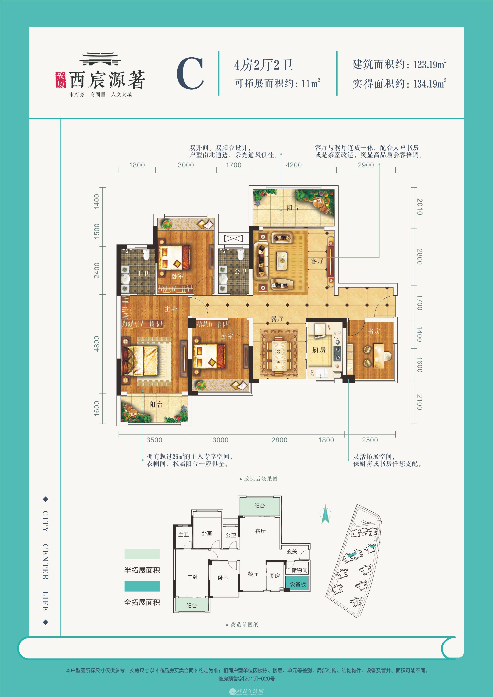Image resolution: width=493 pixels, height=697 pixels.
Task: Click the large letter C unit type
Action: (x=190, y=74)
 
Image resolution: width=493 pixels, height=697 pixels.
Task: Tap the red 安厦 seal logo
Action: (x=60, y=80)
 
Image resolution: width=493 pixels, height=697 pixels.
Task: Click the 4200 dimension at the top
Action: (x=293, y=165)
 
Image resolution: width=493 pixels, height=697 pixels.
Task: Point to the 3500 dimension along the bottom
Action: (x=154, y=440)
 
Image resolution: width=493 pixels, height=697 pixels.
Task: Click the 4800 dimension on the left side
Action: (x=97, y=344)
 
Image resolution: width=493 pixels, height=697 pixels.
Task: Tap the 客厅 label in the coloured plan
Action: (x=317, y=261)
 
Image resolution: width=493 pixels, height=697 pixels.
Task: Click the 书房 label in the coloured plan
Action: (x=374, y=331)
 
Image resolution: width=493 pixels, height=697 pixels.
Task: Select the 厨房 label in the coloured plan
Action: (x=319, y=350)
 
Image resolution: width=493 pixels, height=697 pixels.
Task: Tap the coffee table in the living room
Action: (x=282, y=261)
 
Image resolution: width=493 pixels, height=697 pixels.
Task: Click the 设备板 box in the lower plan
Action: (x=298, y=584)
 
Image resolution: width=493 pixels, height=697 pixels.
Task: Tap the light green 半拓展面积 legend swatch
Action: (x=142, y=554)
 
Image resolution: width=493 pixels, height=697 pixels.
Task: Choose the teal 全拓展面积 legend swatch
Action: (x=142, y=586)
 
